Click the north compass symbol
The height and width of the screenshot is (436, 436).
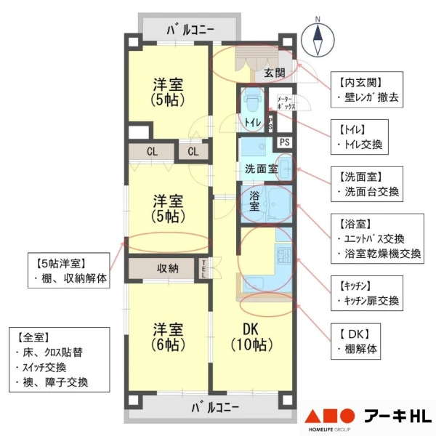pyautogui.click(x=318, y=39)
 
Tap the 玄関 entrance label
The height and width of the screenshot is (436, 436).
pyautogui.click(x=275, y=73)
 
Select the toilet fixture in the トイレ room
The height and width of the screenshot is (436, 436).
pyautogui.click(x=252, y=101)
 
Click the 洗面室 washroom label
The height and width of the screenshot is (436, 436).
pyautogui.click(x=261, y=169)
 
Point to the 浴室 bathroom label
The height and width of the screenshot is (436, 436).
pyautogui.click(x=254, y=201)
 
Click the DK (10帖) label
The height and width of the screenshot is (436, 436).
pyautogui.click(x=251, y=336)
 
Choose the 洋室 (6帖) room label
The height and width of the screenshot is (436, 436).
pyautogui.click(x=169, y=336)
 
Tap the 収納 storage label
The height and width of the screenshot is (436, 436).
pyautogui.click(x=168, y=269)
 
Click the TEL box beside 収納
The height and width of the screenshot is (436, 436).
pyautogui.click(x=203, y=269)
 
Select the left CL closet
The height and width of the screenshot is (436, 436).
pyautogui.click(x=152, y=152)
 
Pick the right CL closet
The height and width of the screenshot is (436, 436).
pyautogui.click(x=193, y=152)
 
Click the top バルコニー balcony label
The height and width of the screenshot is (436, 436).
pyautogui.click(x=190, y=30)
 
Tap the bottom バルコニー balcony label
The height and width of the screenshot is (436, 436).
pyautogui.click(x=215, y=408)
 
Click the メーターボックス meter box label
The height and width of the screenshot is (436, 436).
pyautogui.click(x=286, y=102)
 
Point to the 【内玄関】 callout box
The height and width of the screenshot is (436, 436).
pyautogui.click(x=367, y=89)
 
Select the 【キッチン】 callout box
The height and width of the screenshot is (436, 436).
pyautogui.click(x=367, y=293)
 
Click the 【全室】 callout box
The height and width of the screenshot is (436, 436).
pyautogui.click(x=60, y=360)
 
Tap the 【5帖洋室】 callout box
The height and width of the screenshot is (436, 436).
pyautogui.click(x=69, y=270)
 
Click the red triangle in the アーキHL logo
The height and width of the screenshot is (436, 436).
pyautogui.click(x=312, y=416)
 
